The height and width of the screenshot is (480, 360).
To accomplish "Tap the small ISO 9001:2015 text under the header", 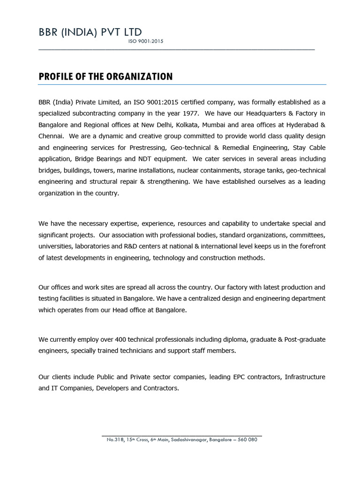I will coord(145,42).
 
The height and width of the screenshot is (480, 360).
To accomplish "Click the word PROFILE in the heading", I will coord(55,76).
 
